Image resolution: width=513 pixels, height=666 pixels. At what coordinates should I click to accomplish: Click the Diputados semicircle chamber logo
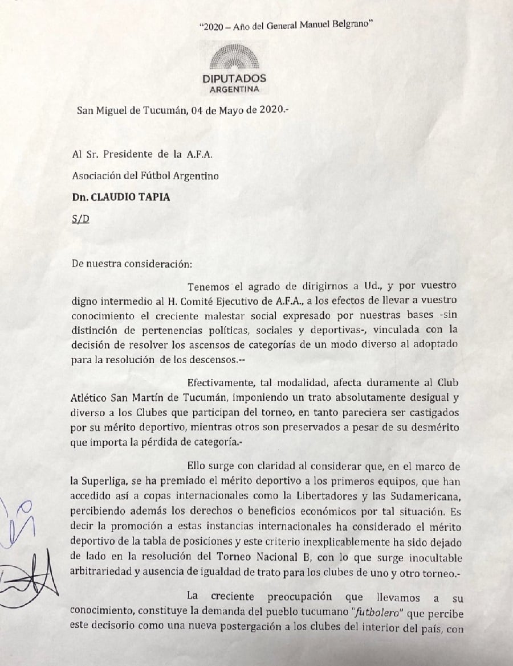click(234, 59)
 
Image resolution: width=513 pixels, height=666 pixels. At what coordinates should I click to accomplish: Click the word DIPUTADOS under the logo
click(234, 79)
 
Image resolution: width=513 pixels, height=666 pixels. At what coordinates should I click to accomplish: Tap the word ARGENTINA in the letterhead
click(234, 90)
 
